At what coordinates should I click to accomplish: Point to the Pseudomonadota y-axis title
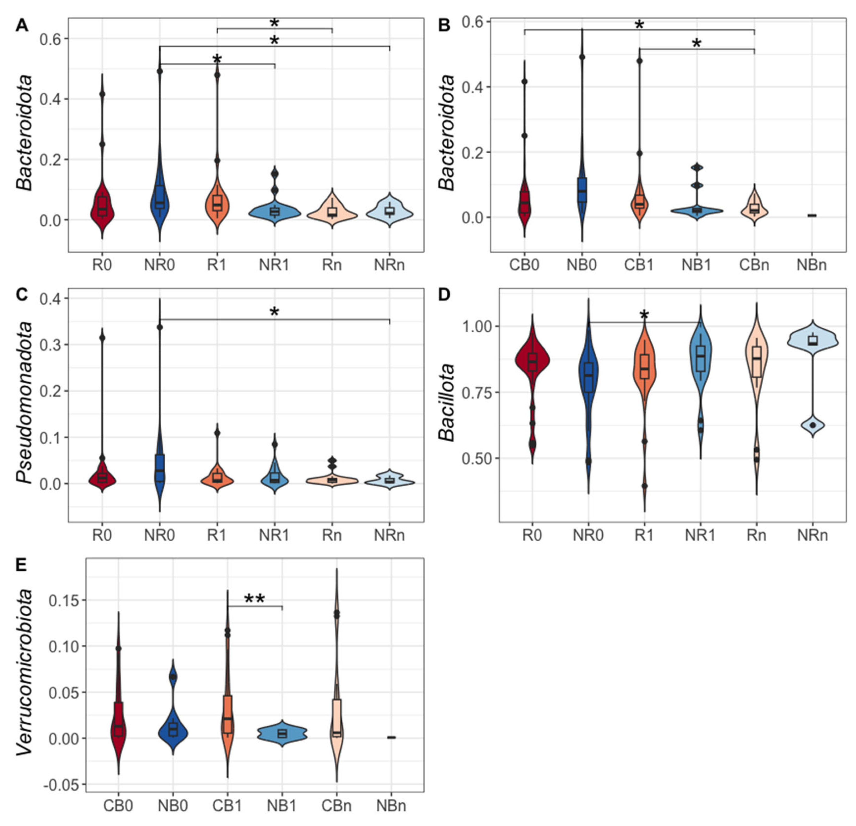(x=25, y=403)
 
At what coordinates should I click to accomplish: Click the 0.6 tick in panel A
(x=51, y=39)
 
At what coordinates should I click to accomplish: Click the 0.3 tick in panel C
(x=51, y=345)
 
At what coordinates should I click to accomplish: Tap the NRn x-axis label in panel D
(x=812, y=535)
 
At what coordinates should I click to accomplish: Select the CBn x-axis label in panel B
(x=754, y=265)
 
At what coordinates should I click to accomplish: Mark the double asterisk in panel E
(x=254, y=599)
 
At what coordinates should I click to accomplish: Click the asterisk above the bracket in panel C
(x=274, y=312)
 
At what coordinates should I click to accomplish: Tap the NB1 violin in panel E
(x=282, y=733)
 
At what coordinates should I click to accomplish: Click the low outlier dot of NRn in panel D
(x=812, y=425)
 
